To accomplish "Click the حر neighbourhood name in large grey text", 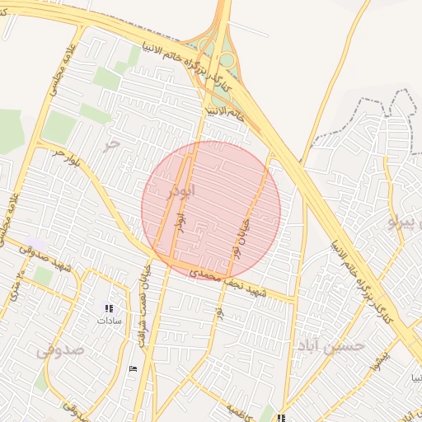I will click(111, 145).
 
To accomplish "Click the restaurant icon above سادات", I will click(109, 308).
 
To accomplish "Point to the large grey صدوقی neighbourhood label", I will click(60, 349).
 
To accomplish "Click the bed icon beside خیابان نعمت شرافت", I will click(134, 368).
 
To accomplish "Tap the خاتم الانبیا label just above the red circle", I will click(224, 111).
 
